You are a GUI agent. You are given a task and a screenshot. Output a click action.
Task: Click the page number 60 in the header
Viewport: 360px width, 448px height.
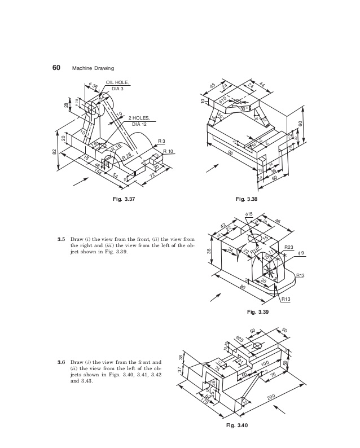coord(56,67)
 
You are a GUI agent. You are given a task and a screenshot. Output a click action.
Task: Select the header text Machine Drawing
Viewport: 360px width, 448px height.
coord(92,68)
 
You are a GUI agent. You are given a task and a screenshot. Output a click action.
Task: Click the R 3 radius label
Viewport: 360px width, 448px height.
coord(161,140)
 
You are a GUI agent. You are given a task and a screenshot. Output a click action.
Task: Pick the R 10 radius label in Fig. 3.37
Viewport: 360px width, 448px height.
coord(168,151)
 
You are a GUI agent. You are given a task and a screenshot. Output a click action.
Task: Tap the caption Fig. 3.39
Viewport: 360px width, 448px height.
coord(260,311)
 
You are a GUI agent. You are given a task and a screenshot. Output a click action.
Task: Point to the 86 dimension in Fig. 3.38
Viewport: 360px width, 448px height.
coord(231,153)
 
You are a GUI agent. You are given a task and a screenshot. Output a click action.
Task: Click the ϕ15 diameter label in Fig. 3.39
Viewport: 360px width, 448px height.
coord(249,214)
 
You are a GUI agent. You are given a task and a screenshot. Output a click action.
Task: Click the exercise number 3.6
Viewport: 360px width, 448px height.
coord(62,362)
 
